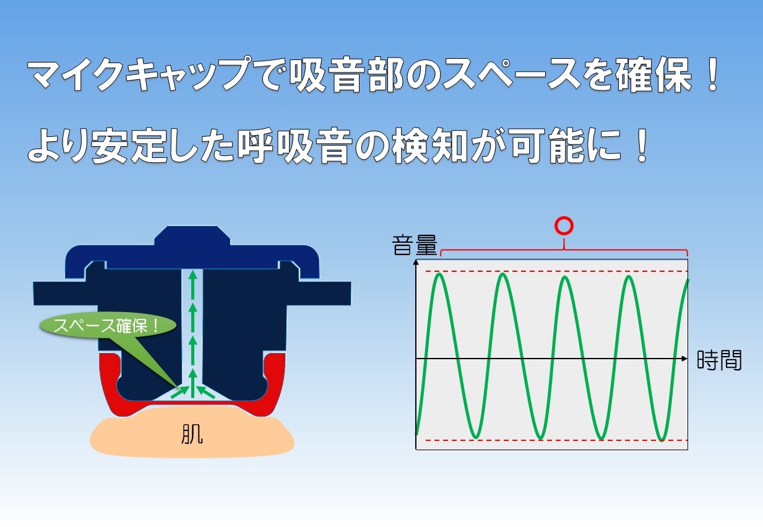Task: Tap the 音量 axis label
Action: pyautogui.click(x=415, y=245)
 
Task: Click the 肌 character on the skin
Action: pyautogui.click(x=192, y=434)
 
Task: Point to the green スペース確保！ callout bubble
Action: pyautogui.click(x=108, y=325)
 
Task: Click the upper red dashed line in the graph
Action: pyautogui.click(x=552, y=271)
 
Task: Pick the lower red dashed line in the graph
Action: pyautogui.click(x=552, y=440)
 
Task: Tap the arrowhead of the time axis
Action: pyautogui.click(x=684, y=359)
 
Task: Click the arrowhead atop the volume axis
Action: pyautogui.click(x=416, y=262)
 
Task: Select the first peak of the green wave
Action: pyautogui.click(x=440, y=275)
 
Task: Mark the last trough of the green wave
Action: pyautogui.click(x=662, y=439)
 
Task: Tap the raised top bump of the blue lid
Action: pyautogui.click(x=192, y=235)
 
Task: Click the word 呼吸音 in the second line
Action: pyautogui.click(x=295, y=146)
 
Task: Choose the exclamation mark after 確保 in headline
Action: pyautogui.click(x=712, y=74)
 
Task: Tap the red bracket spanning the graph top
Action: pyautogui.click(x=564, y=250)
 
